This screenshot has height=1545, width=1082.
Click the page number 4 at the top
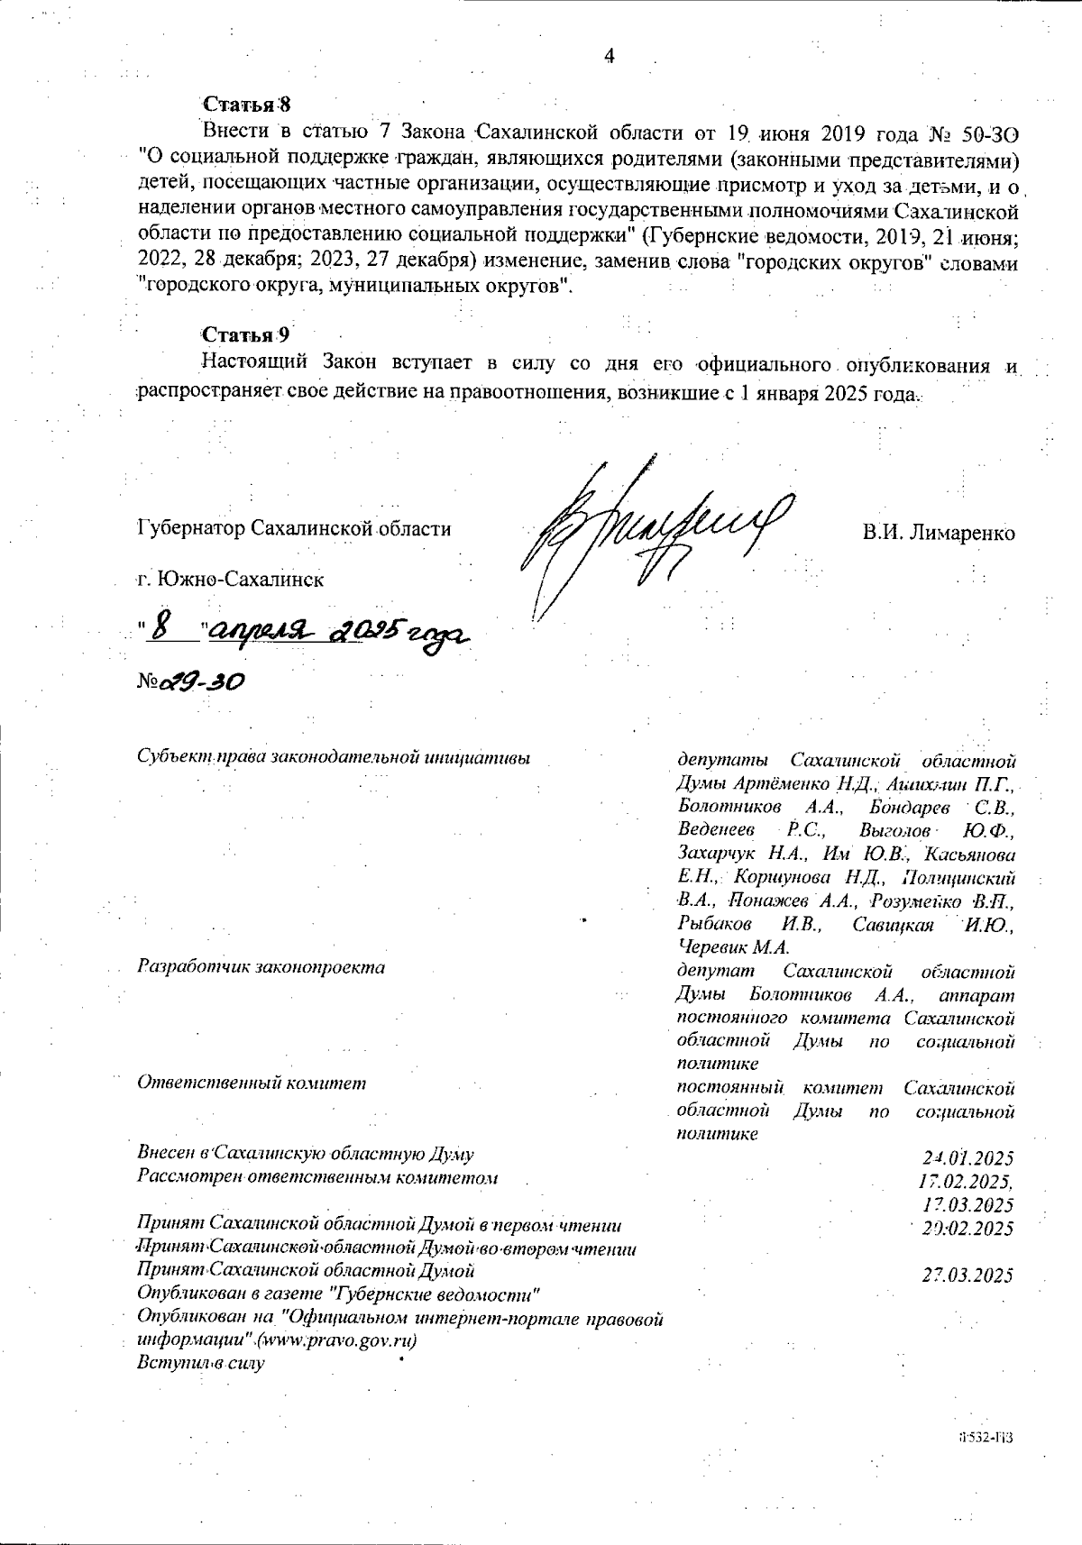[609, 57]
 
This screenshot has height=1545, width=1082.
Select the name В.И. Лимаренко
[938, 533]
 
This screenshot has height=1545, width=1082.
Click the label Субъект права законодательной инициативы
[333, 756]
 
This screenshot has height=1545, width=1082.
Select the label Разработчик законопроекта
[261, 967]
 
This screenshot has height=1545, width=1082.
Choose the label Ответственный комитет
[252, 1083]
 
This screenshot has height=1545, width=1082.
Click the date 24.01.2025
[968, 1158]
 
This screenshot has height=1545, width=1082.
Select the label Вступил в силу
[200, 1363]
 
